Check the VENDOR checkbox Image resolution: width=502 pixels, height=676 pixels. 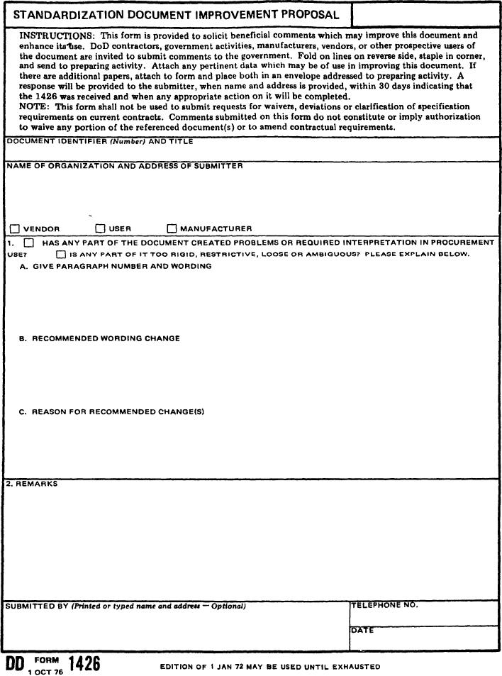click(14, 228)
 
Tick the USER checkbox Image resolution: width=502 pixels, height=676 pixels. click(100, 228)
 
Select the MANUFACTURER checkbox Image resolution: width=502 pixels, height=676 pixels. click(172, 228)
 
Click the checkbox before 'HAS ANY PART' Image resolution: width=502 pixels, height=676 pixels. click(29, 243)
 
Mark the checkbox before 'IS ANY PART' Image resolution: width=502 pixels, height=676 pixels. click(62, 254)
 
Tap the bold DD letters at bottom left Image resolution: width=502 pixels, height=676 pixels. click(15, 665)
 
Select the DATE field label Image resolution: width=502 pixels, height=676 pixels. click(362, 630)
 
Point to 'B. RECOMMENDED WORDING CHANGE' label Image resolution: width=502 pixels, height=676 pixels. click(99, 338)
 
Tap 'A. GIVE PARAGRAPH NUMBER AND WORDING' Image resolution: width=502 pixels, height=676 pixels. click(116, 266)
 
